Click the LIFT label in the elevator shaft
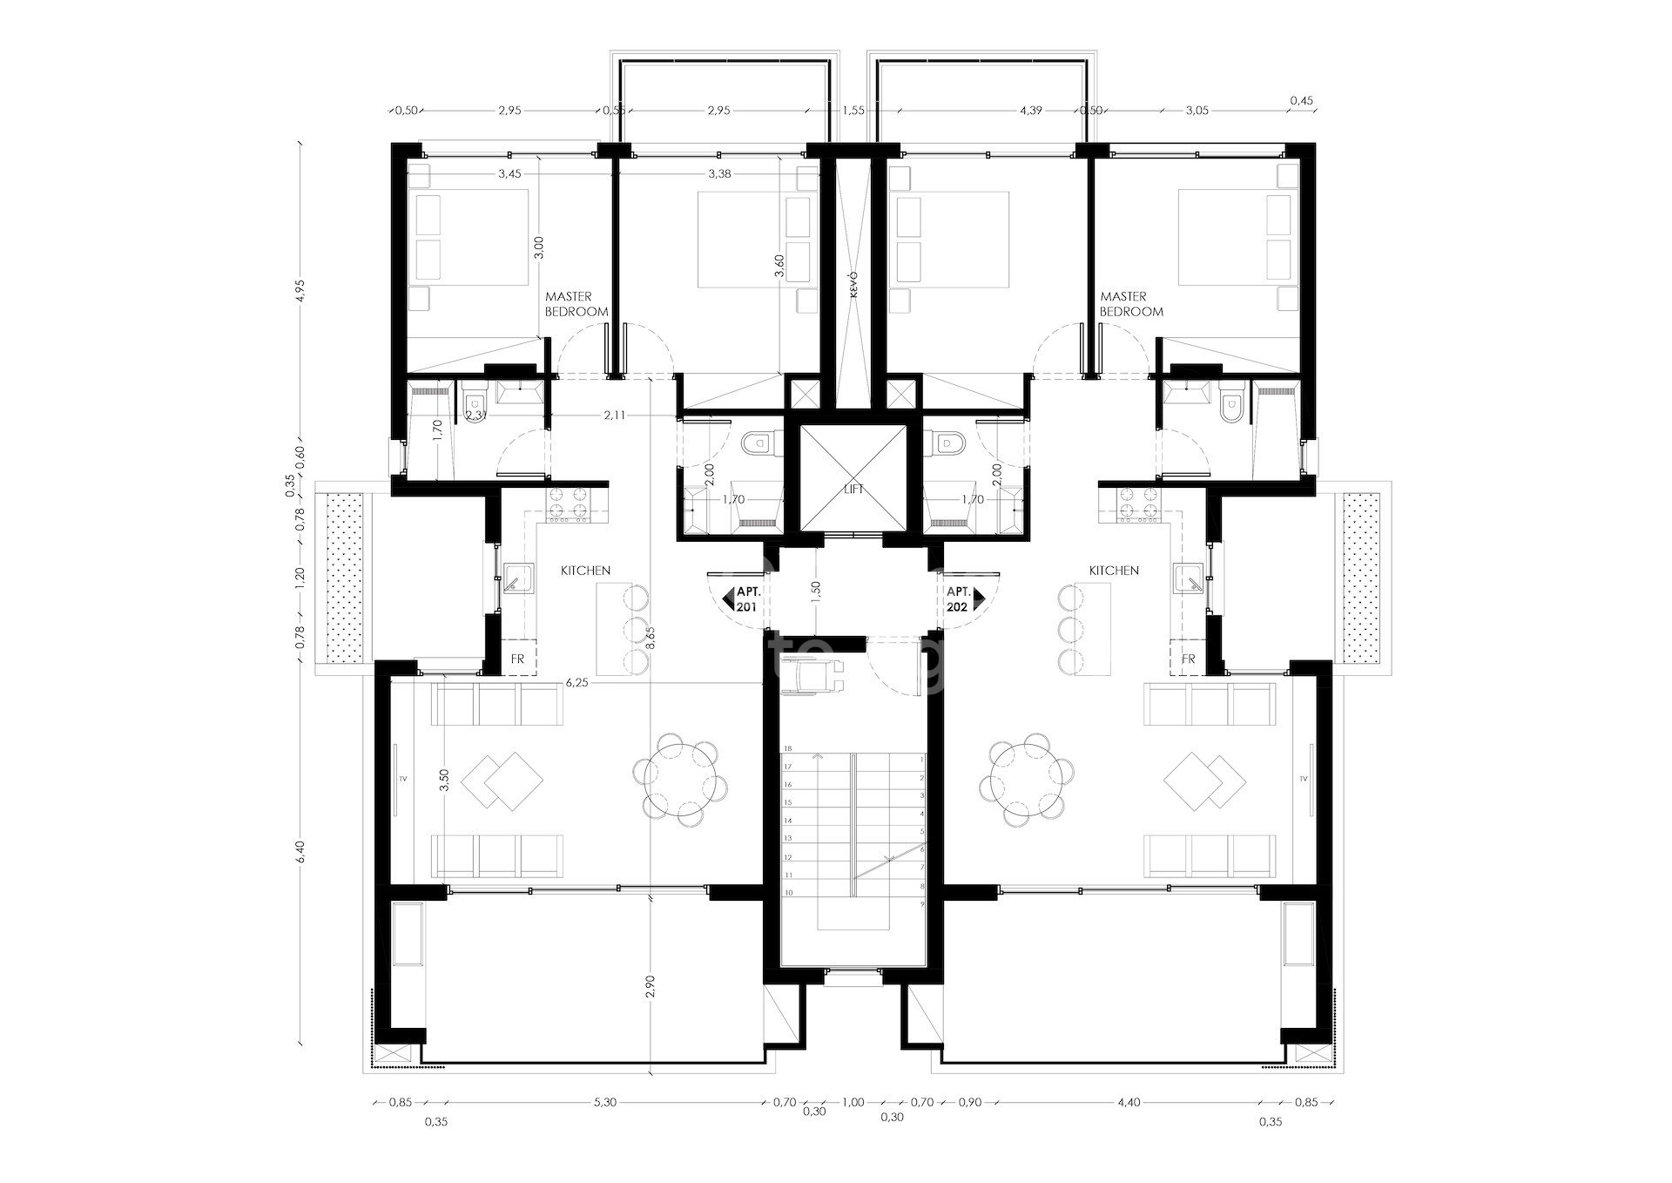(853, 490)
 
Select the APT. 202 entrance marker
(961, 598)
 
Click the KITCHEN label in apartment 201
(585, 571)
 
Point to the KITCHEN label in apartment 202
(1114, 571)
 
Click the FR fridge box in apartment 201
(518, 659)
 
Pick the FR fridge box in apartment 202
(1189, 659)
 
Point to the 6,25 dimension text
(576, 684)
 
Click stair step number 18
(787, 748)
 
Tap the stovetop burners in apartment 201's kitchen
(570, 505)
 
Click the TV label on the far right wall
(1304, 778)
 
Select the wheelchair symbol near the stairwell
(811, 678)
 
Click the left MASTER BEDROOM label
(576, 304)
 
